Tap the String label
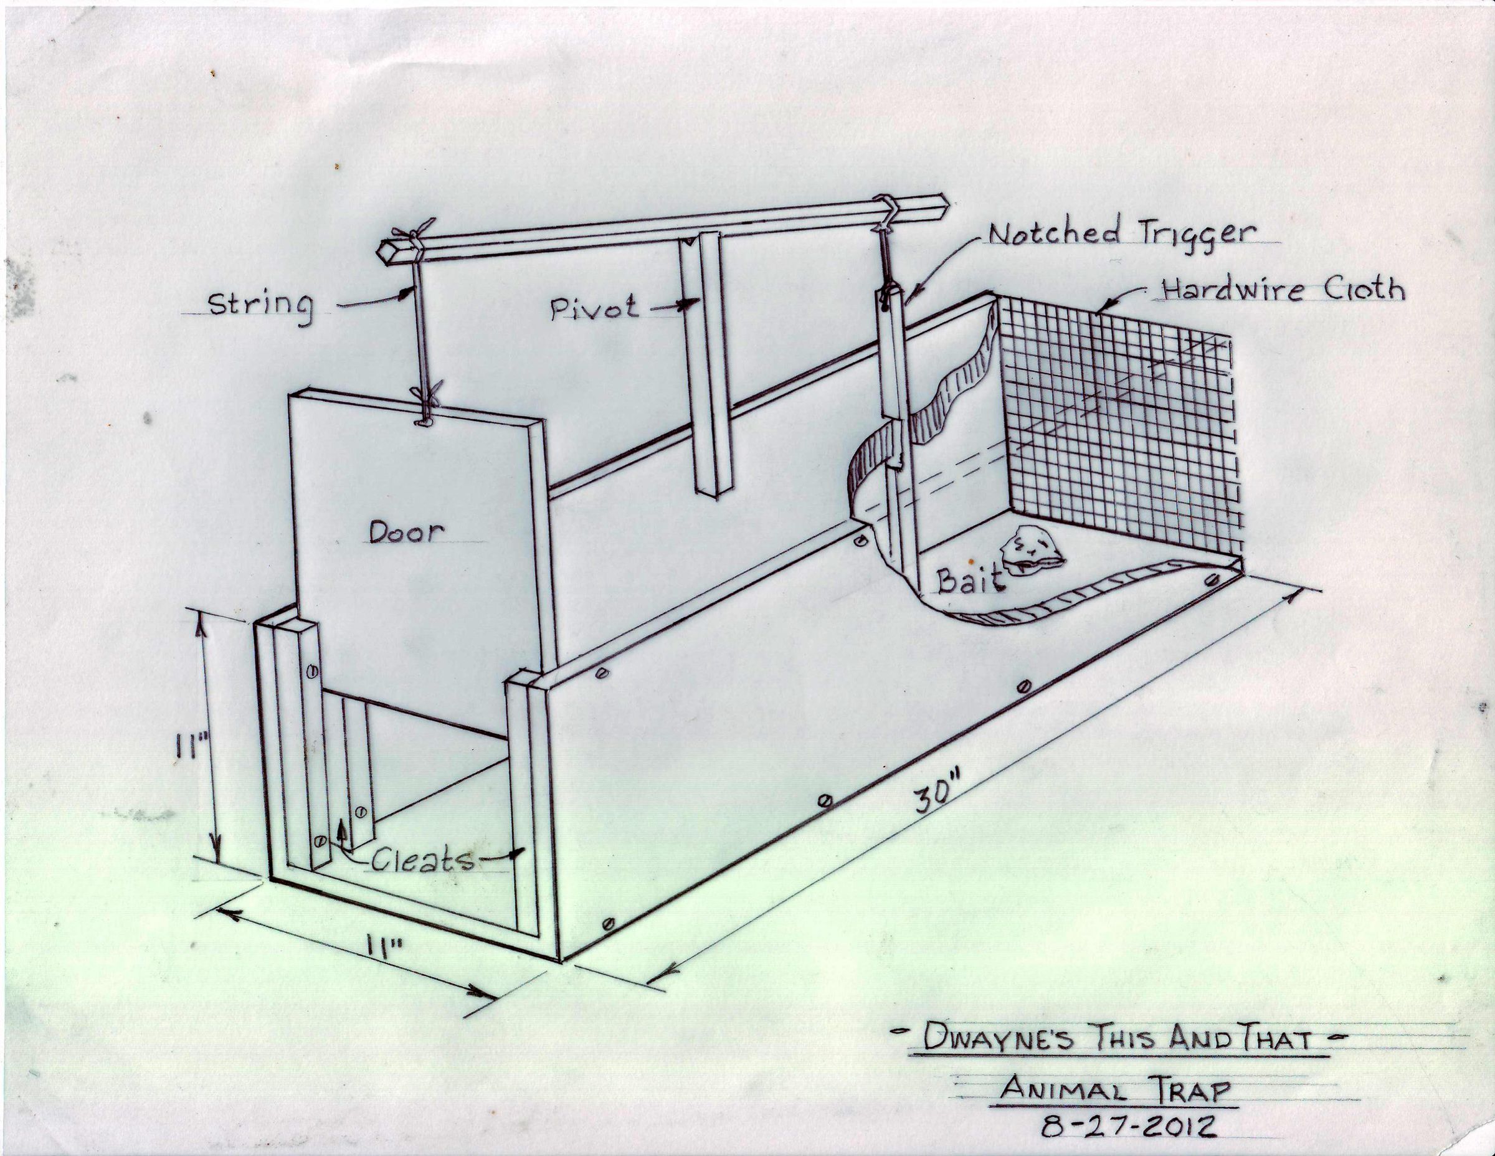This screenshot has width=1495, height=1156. click(260, 305)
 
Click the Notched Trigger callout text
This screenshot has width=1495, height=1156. click(1122, 234)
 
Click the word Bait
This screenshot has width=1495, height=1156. click(971, 582)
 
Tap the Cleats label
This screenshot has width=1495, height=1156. click(422, 861)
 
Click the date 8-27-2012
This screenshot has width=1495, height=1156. click(1128, 1126)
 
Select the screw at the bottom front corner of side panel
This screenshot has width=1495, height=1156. click(607, 924)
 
